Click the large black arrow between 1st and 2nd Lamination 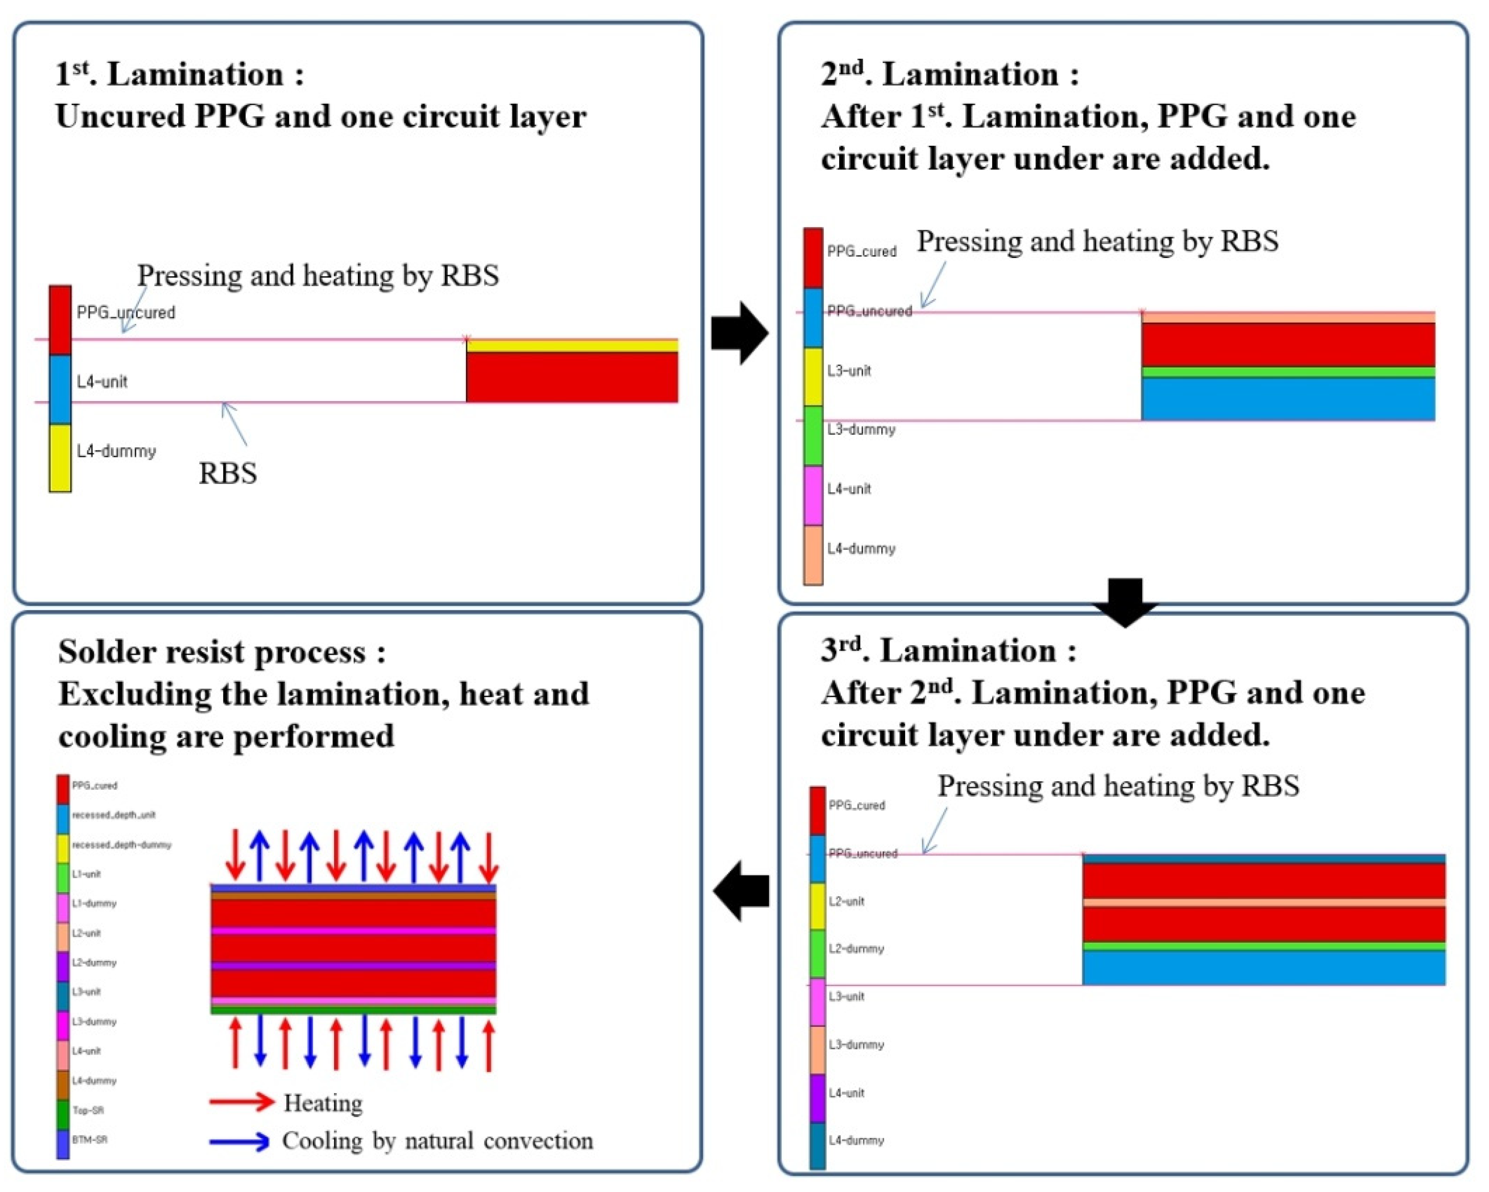click(738, 333)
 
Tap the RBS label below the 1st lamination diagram click(228, 474)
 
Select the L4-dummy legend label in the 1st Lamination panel click(116, 452)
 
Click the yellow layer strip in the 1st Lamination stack click(572, 345)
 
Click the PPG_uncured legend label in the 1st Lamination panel click(126, 313)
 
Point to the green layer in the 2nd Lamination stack click(1288, 372)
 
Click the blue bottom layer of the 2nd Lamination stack click(1288, 399)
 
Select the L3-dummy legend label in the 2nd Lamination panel click(861, 429)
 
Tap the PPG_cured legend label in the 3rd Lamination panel click(857, 805)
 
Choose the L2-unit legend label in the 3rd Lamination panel click(846, 901)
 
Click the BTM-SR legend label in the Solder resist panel click(90, 1139)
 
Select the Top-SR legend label click(88, 1110)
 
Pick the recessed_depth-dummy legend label click(122, 845)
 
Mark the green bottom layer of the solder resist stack click(354, 1010)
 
